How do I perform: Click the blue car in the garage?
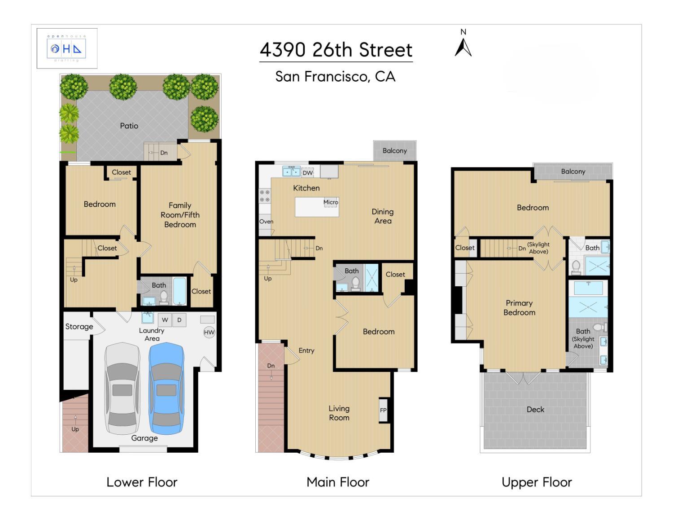(166, 389)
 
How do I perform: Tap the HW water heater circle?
(210, 332)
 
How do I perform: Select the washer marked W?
(165, 320)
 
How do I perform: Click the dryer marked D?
(179, 320)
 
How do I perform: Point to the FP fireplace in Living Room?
(384, 410)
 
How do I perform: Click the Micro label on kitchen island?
(331, 202)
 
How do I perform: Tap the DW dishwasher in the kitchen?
(307, 172)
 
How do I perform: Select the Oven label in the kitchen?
(267, 222)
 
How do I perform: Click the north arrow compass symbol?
(463, 47)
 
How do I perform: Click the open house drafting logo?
(67, 48)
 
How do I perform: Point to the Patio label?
(129, 126)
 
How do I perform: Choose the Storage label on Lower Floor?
(79, 327)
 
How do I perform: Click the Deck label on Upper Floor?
(536, 410)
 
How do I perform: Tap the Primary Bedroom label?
(520, 307)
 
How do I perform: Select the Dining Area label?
(383, 216)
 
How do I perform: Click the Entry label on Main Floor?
(306, 350)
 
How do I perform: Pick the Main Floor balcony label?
(394, 151)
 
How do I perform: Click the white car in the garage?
(122, 389)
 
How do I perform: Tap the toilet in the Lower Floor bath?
(163, 297)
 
